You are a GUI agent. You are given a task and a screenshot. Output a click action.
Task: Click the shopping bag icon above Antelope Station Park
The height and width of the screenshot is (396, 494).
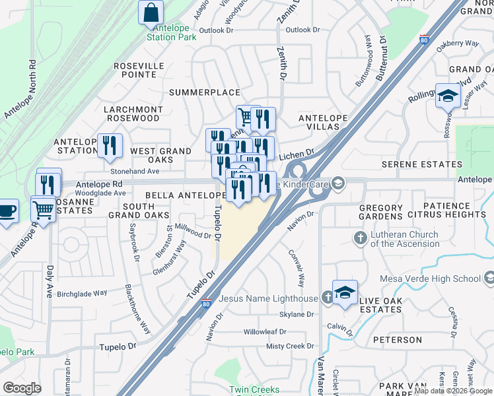151,12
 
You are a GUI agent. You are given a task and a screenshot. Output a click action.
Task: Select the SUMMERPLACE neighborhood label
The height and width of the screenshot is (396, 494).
204,92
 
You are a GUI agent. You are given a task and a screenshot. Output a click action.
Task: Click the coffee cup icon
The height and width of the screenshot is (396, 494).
7,211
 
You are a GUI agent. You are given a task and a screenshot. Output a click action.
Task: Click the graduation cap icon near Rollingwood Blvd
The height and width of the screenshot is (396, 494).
448,96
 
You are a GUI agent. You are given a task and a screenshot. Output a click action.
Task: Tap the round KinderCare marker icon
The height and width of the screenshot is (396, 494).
338,183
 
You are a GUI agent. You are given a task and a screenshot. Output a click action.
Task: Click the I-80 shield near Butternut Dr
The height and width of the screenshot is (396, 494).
423,40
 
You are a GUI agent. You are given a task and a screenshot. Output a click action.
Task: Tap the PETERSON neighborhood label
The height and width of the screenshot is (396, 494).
397,340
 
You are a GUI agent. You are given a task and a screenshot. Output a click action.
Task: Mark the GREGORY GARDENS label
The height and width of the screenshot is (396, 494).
390,213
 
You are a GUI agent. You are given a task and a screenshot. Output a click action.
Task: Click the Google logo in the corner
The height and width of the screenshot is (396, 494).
22,388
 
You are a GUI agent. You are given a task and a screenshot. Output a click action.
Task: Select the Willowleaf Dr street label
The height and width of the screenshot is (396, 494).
264,332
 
